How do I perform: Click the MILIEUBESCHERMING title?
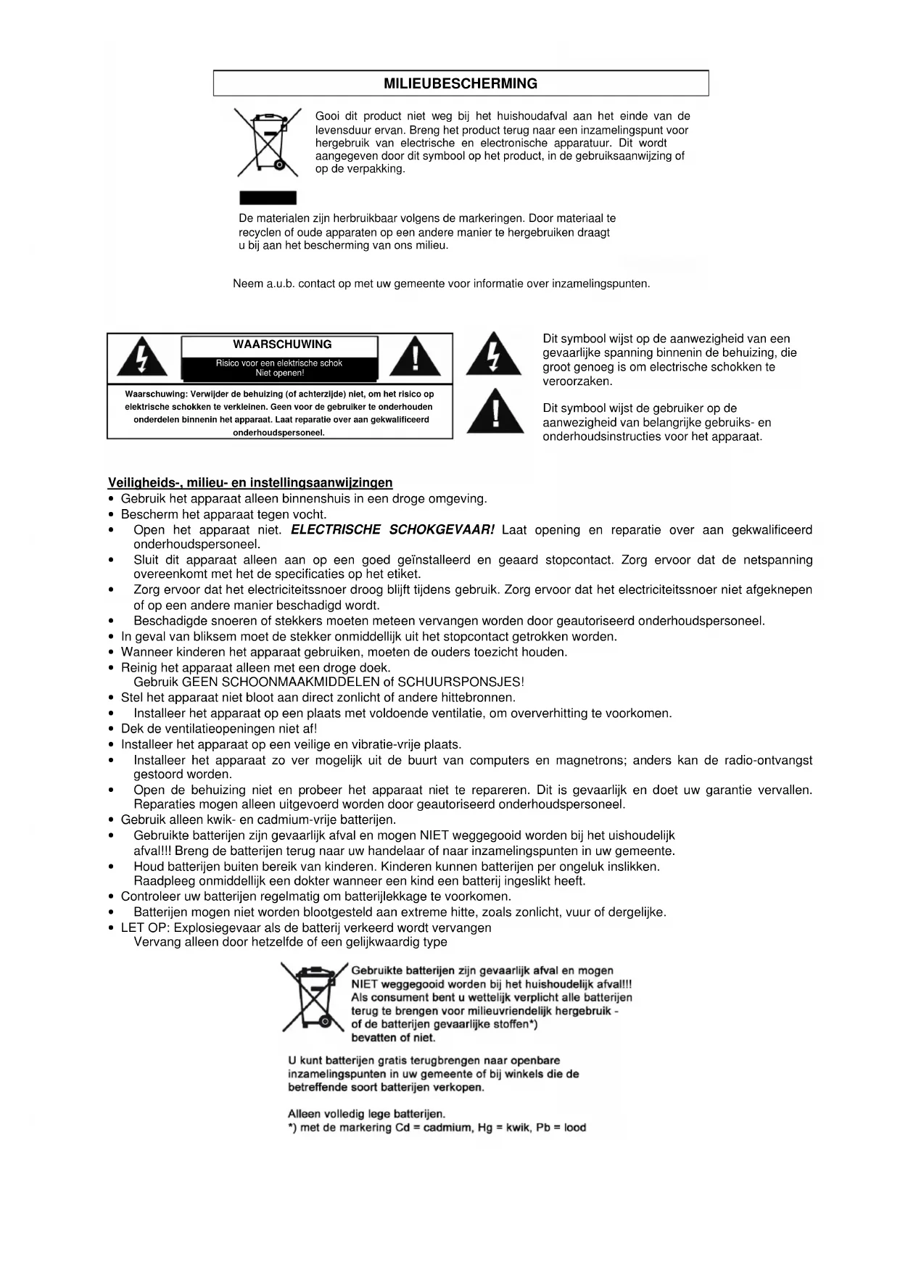pyautogui.click(x=461, y=83)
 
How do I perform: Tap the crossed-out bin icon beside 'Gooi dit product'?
pyautogui.click(x=268, y=143)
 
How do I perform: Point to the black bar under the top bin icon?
pyautogui.click(x=268, y=198)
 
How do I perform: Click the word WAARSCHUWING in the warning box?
pyautogui.click(x=282, y=344)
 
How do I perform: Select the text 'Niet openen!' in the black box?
pyautogui.click(x=279, y=373)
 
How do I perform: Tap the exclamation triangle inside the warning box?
pyautogui.click(x=415, y=357)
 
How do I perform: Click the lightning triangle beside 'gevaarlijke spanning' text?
pyautogui.click(x=493, y=354)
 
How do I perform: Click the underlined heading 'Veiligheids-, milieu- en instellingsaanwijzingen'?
pyautogui.click(x=250, y=483)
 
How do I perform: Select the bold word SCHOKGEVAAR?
pyautogui.click(x=442, y=530)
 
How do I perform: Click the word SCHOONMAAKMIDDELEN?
pyautogui.click(x=301, y=682)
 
